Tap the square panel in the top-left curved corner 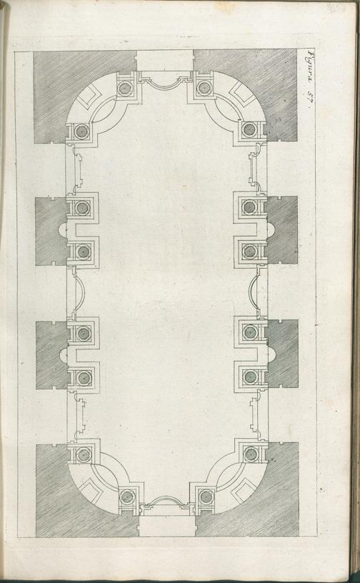pos(89,95)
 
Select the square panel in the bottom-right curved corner pos(244,490)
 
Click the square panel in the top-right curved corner pos(244,94)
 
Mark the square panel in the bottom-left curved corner pos(90,490)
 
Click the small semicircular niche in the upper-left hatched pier pos(64,231)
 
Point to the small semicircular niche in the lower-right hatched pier pos(271,354)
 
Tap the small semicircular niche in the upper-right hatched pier pos(271,231)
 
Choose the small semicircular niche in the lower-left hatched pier pos(64,354)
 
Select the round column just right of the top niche pos(204,87)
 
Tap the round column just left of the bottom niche pos(127,497)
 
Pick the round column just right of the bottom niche pos(206,497)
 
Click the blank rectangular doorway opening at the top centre pos(165,61)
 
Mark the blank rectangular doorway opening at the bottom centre pos(166,525)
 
